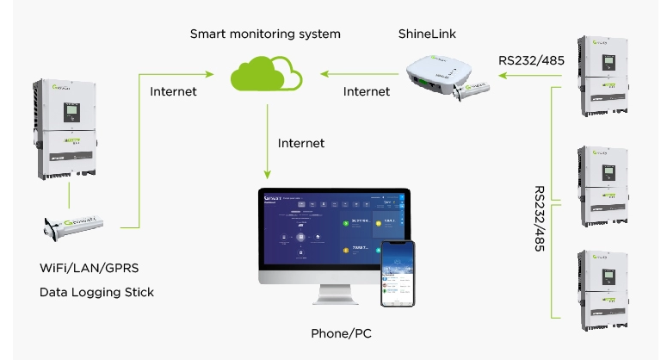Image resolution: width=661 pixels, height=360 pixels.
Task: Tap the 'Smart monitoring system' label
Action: pos(265,34)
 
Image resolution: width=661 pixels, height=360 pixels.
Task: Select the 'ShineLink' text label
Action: pos(427,34)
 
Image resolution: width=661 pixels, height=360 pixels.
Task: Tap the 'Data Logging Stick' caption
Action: pos(96,292)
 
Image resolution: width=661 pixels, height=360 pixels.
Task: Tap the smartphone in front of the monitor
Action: pos(398,272)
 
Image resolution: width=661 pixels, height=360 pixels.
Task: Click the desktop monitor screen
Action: pos(334,233)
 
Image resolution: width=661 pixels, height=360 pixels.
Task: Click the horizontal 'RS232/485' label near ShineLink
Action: pos(531,61)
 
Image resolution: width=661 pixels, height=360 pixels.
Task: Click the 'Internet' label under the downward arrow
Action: pos(301,142)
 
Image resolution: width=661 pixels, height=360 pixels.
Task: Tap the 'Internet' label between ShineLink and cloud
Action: pos(366,91)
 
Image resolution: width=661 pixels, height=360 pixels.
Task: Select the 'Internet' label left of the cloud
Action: pos(173,91)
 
